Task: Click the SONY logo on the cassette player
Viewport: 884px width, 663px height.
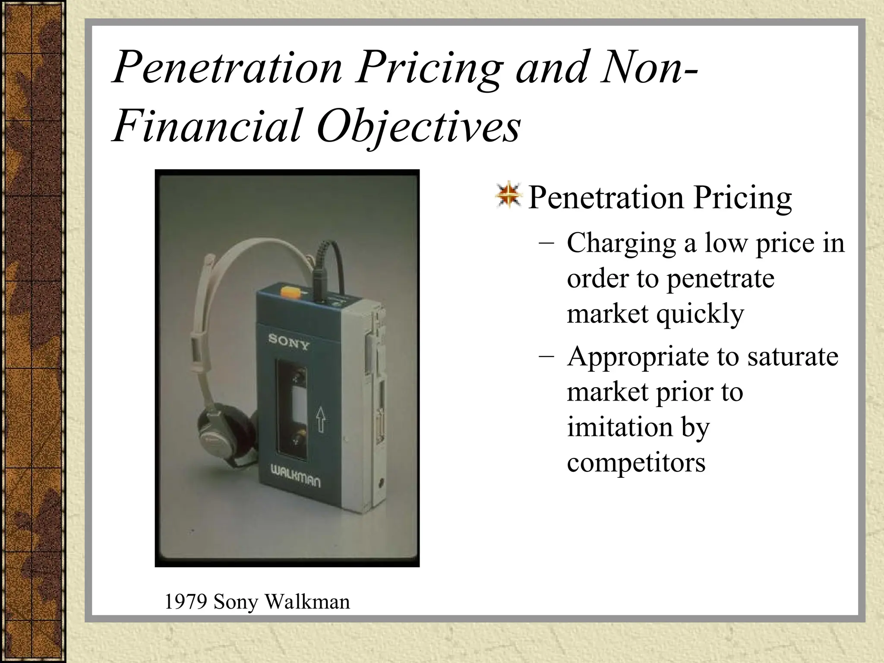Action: pos(289,341)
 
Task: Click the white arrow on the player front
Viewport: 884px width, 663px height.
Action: pos(320,419)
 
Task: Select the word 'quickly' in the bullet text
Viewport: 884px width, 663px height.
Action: pos(700,314)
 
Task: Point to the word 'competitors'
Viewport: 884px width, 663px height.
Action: pos(636,462)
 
